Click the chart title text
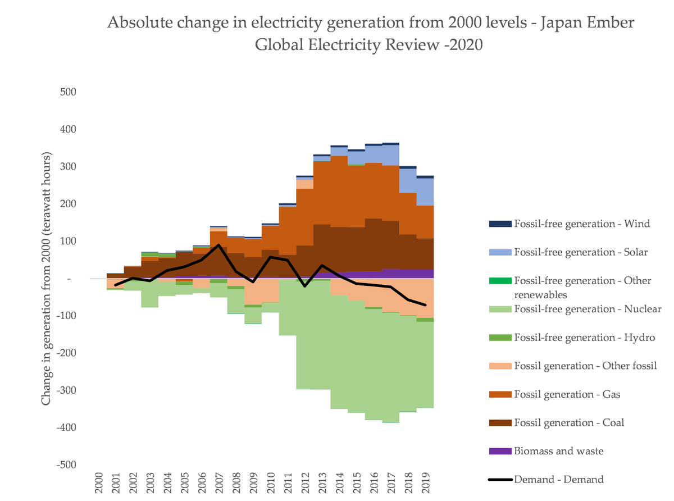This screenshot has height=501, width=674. pos(363,34)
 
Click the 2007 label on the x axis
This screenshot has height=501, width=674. pos(218,481)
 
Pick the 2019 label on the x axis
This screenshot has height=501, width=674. pos(426,481)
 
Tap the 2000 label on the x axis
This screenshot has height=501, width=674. pos(98,481)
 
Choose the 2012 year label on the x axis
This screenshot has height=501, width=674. pos(305,481)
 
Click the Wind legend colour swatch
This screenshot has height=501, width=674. pos(500,224)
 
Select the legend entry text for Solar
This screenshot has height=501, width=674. pos(581,252)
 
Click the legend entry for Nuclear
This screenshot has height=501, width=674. pos(588,309)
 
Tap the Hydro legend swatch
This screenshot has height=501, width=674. pos(500,338)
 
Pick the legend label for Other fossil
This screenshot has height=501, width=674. pos(585,366)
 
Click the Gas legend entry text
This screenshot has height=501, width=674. pos(567,394)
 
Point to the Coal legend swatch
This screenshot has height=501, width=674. pos(500,423)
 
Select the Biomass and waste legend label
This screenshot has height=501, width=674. pos(559,451)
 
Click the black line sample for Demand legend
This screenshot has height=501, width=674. pos(500,480)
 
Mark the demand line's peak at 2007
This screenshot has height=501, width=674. pos(218,245)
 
